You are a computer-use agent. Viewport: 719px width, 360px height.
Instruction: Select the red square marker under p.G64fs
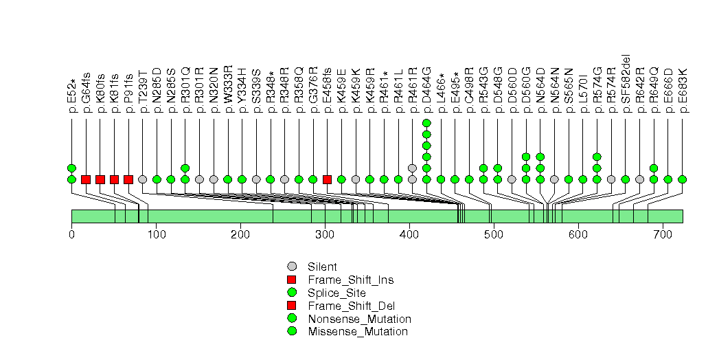tap(86, 179)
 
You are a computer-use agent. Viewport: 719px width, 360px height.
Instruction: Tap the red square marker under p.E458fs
tap(327, 179)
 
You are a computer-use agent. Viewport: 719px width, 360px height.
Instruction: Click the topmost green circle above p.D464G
tap(426, 123)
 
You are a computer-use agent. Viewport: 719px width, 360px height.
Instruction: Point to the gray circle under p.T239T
tap(142, 179)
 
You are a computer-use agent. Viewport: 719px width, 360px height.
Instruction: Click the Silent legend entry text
tap(322, 267)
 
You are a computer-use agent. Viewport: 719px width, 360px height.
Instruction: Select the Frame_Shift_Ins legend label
tap(350, 280)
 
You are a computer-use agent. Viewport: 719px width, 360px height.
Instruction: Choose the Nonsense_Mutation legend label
tap(359, 319)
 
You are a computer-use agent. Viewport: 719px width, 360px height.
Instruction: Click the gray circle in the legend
tap(292, 267)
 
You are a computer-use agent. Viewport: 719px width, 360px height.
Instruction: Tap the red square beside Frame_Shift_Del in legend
tap(292, 306)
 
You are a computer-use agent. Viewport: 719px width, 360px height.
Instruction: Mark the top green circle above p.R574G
tap(597, 157)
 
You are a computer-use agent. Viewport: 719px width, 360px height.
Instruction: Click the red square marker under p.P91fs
tap(128, 179)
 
